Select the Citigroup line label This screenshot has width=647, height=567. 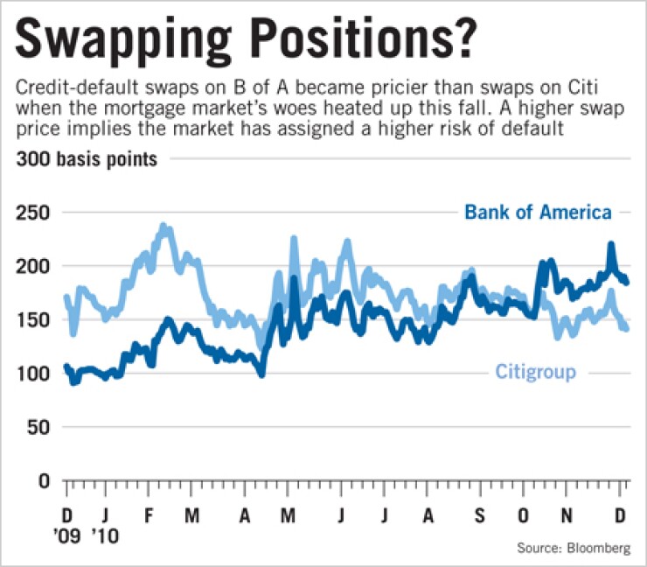pos(535,372)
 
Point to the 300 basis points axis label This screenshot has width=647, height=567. pos(86,160)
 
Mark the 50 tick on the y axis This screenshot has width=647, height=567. pos(40,428)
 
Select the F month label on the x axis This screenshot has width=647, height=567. pos(149,514)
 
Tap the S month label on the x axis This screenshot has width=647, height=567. pos(478,514)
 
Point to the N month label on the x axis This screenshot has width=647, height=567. pos(568,514)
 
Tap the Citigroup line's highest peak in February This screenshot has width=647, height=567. pos(163,227)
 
